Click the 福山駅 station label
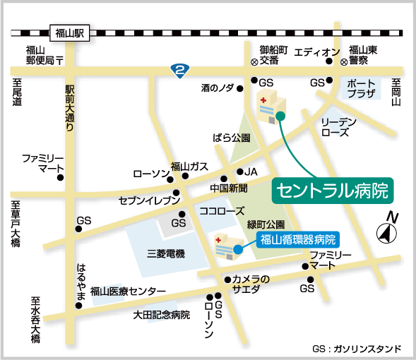coord(70,32)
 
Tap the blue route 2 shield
coord(182,70)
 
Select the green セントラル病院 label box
coord(332,189)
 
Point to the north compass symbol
coord(387,230)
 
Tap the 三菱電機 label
coord(166,253)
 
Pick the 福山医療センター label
coord(128,291)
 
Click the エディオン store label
coord(317,52)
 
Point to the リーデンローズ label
coord(338,127)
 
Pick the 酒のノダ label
coord(218,88)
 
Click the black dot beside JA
coord(239,172)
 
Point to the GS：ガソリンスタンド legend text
coord(356,349)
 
